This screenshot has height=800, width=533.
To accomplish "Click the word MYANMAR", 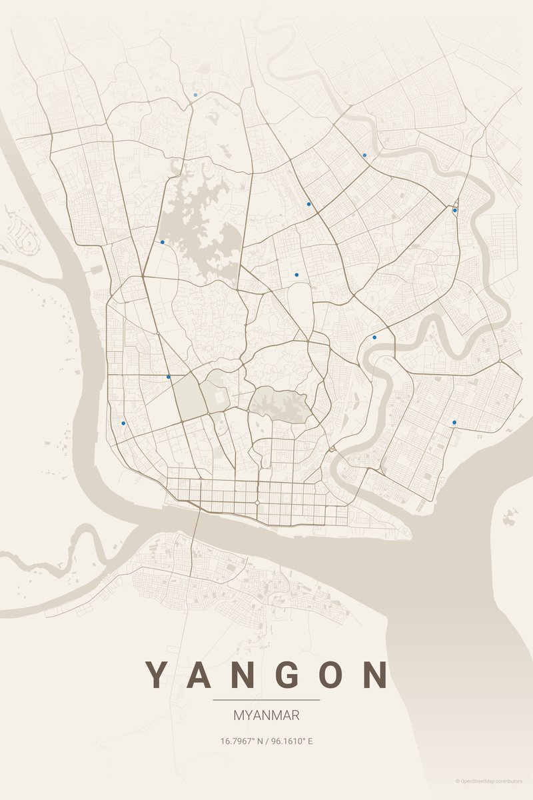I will [x=266, y=715].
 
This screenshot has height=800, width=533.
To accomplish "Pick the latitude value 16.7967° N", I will [x=243, y=741].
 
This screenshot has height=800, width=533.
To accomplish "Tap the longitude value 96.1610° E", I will [x=290, y=741].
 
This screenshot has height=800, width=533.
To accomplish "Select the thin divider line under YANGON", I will [x=266, y=700].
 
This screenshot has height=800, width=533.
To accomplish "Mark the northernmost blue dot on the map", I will [x=195, y=95].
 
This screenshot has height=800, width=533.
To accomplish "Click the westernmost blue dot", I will [x=123, y=423].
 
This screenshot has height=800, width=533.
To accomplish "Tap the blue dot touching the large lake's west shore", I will [x=162, y=242].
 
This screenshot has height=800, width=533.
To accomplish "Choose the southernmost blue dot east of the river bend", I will [x=454, y=422].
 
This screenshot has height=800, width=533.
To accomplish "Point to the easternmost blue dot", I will [x=455, y=211].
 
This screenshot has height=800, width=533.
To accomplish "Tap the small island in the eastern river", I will [x=510, y=515].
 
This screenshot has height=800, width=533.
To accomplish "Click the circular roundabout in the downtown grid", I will [x=258, y=502].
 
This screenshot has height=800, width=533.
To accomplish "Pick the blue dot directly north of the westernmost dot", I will [x=169, y=377].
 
